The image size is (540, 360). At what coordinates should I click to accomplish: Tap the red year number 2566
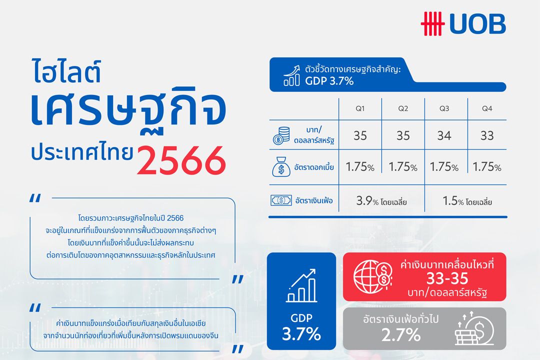pos(180,159)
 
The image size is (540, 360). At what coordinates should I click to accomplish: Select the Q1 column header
pos(360,108)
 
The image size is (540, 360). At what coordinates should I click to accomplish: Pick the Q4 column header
pos(487,108)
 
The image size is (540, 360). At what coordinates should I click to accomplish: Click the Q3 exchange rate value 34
pos(444,135)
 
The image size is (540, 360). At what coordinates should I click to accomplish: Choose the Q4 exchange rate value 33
pos(487,135)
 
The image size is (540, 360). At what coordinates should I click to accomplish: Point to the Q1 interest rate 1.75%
pos(360,167)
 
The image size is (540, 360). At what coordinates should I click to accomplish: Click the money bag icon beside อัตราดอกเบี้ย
pos(281,166)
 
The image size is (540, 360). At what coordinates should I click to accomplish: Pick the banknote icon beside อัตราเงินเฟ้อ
pos(281,201)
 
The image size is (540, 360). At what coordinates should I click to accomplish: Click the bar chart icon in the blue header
pos(291,75)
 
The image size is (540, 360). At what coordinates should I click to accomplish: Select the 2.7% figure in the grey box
pos(400,334)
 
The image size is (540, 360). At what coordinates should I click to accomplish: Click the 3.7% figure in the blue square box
pos(301,334)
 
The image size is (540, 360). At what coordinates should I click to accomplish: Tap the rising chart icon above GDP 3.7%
pos(301,286)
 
